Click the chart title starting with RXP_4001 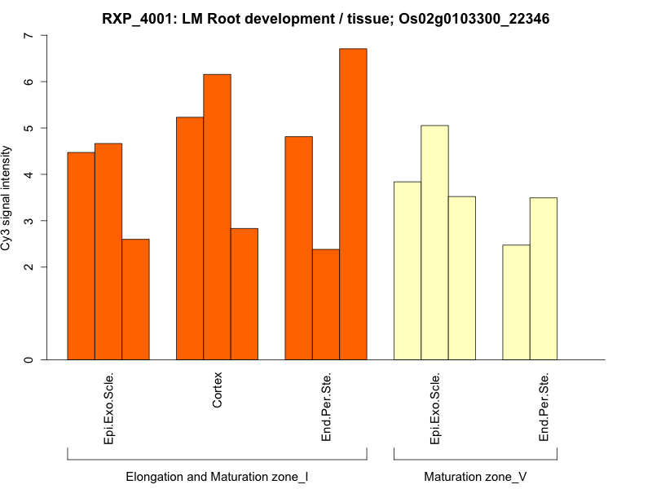(x=325, y=18)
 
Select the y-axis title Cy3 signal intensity (x=7, y=198)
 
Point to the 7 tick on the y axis (x=29, y=36)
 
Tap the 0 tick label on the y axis (x=29, y=359)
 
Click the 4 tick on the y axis (x=29, y=174)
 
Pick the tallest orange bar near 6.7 (x=353, y=204)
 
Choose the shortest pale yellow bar (x=516, y=302)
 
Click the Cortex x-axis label (x=217, y=390)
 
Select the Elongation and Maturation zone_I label (x=217, y=476)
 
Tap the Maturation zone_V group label (x=475, y=476)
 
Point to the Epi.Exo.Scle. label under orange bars (x=108, y=407)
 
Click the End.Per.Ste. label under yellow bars (x=544, y=407)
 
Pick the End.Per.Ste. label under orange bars (x=326, y=407)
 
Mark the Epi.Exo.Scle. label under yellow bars (x=434, y=407)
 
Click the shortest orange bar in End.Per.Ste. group (x=326, y=304)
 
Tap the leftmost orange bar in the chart (x=81, y=256)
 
